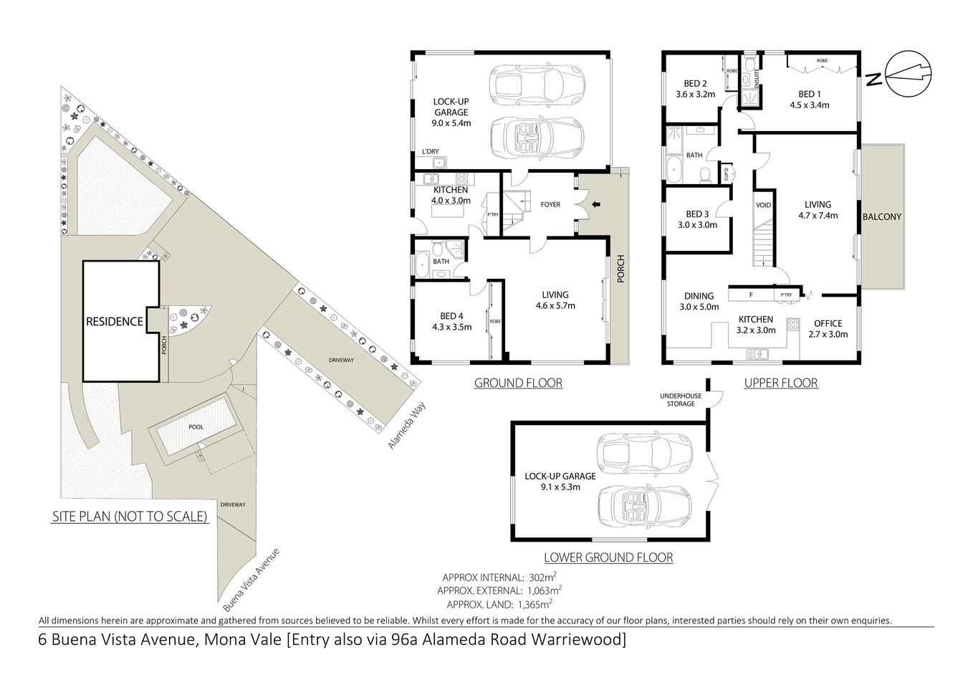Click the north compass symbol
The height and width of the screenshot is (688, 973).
point(909,72)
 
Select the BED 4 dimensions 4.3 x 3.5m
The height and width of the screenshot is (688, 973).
point(451,327)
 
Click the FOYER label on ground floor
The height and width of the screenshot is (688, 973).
point(550,204)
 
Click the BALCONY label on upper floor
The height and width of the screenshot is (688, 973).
point(881,216)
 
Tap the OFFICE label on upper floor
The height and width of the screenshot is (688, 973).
point(828,323)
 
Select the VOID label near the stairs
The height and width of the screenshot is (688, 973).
point(763,205)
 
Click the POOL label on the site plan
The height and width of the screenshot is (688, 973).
point(196,427)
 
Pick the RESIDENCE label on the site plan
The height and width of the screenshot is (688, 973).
point(115,321)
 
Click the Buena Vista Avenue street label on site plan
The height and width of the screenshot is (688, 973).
point(250,576)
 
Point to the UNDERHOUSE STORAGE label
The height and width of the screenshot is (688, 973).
point(677,400)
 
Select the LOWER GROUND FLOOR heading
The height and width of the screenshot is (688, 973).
point(608,557)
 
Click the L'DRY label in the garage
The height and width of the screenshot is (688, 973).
point(430,151)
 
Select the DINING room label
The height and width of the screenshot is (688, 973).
point(699,295)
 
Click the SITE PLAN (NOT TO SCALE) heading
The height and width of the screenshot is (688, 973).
point(130,516)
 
